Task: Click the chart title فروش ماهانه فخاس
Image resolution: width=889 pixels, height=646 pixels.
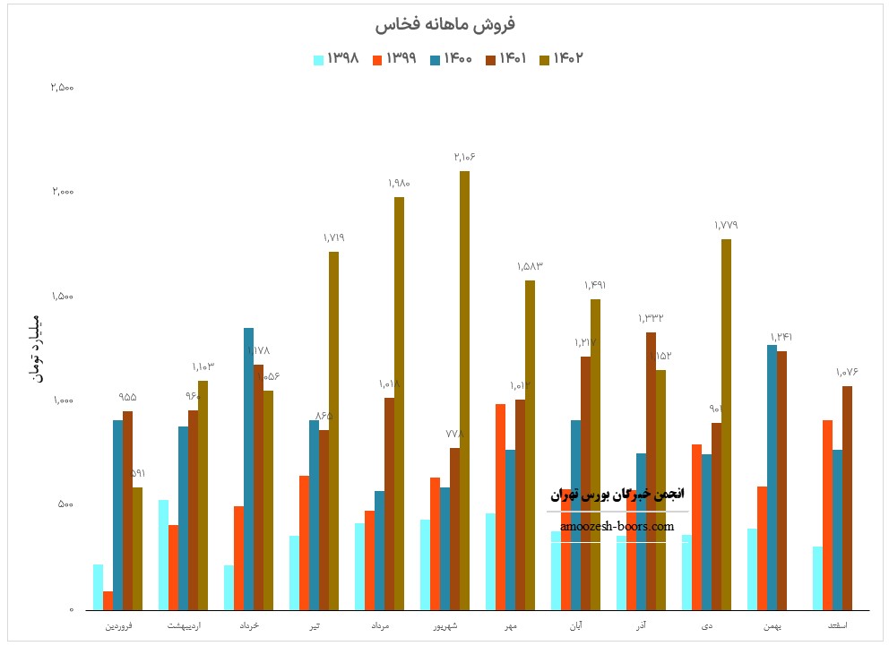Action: [444, 24]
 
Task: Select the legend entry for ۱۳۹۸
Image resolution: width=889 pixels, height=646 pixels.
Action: [337, 59]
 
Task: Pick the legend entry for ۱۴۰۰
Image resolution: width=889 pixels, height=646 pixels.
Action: [450, 59]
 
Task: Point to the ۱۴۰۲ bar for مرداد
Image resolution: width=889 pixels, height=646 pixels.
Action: [399, 403]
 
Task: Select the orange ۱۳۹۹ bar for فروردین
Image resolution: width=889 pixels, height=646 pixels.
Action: [108, 600]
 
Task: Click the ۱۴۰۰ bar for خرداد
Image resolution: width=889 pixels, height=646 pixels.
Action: [248, 469]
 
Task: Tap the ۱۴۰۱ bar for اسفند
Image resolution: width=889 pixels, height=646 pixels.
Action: [847, 497]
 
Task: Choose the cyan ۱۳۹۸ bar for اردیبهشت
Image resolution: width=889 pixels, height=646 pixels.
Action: [164, 555]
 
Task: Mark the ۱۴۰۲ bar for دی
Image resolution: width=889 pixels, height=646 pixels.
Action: [726, 424]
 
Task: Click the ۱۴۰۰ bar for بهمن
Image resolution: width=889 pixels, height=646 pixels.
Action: [772, 477]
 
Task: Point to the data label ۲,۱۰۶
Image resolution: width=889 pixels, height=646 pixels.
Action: [464, 157]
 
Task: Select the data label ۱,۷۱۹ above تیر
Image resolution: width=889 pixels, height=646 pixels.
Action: [333, 237]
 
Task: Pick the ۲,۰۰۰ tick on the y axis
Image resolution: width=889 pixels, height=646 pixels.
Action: [62, 192]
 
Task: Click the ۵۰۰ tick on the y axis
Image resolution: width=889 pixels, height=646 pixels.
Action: [65, 504]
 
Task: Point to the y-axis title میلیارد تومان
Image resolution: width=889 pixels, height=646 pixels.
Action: [37, 349]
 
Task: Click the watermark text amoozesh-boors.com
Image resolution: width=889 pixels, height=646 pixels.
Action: [617, 527]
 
